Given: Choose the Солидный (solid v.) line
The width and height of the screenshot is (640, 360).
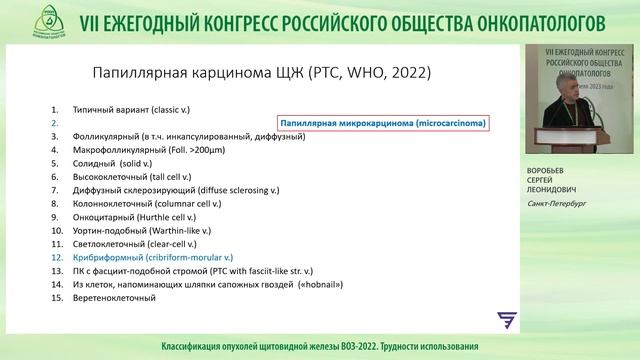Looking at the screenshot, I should (x=111, y=163).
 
